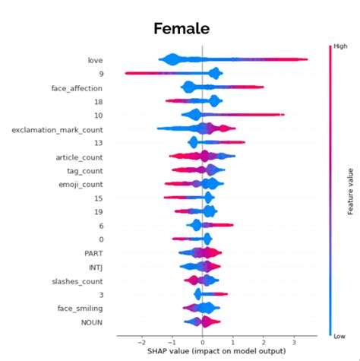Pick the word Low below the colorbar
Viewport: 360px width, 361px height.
(333, 335)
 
